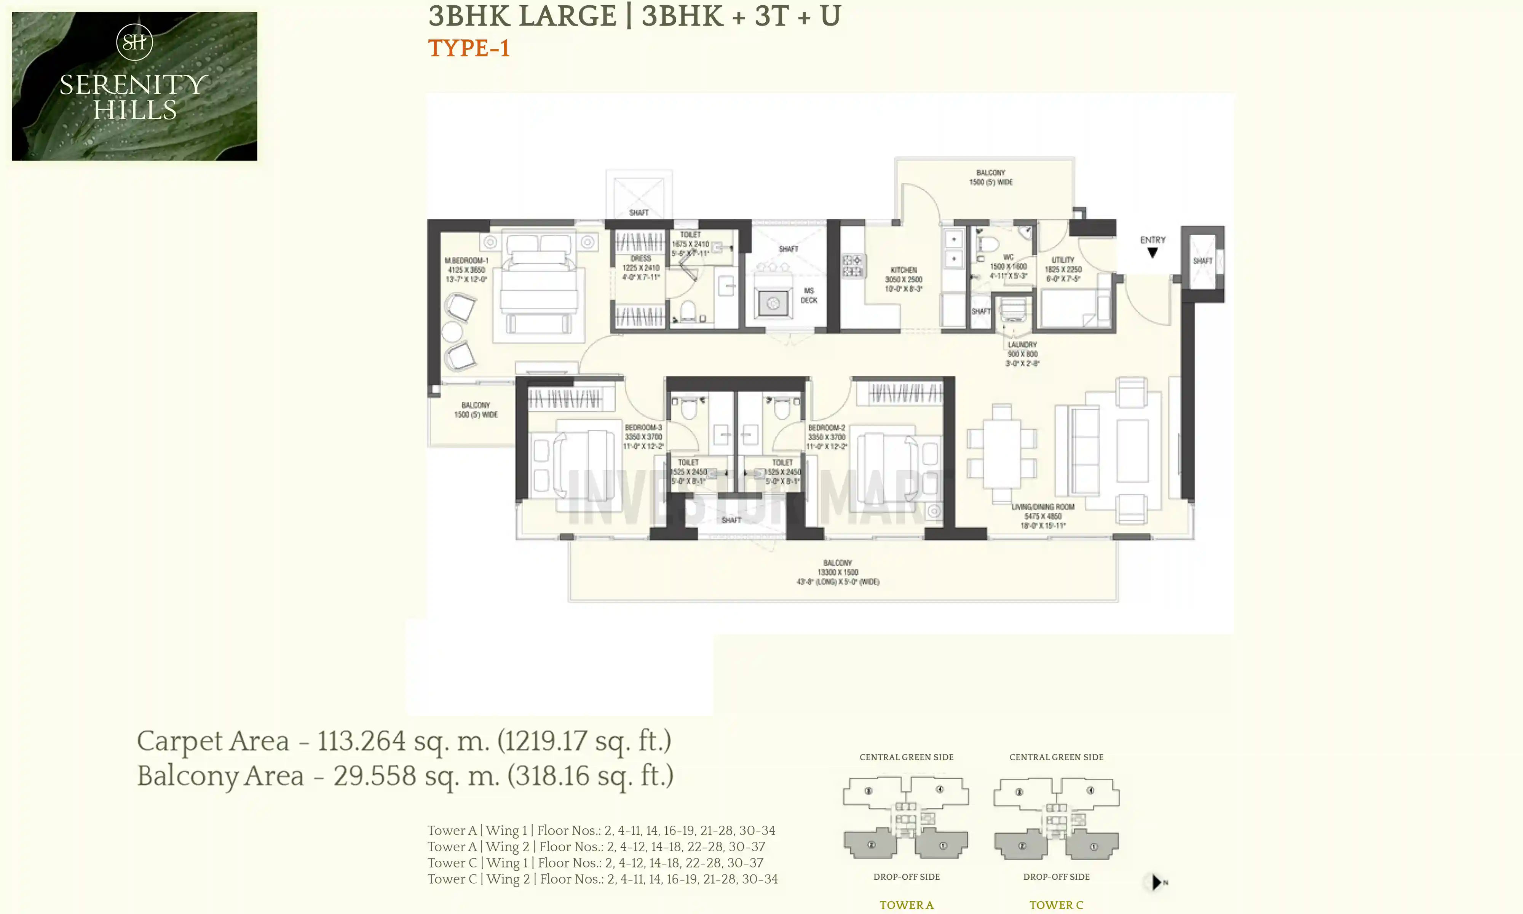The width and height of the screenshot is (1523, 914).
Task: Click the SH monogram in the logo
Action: click(x=134, y=42)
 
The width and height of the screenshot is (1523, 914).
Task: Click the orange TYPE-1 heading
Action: click(x=469, y=48)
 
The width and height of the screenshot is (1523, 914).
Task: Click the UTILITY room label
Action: click(x=1063, y=260)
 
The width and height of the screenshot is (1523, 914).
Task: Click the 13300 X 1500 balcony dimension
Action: click(x=837, y=572)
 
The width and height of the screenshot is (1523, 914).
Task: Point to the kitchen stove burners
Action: click(x=852, y=266)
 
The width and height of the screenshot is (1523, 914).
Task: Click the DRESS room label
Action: click(x=640, y=259)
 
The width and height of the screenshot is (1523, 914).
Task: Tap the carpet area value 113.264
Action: click(x=361, y=741)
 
